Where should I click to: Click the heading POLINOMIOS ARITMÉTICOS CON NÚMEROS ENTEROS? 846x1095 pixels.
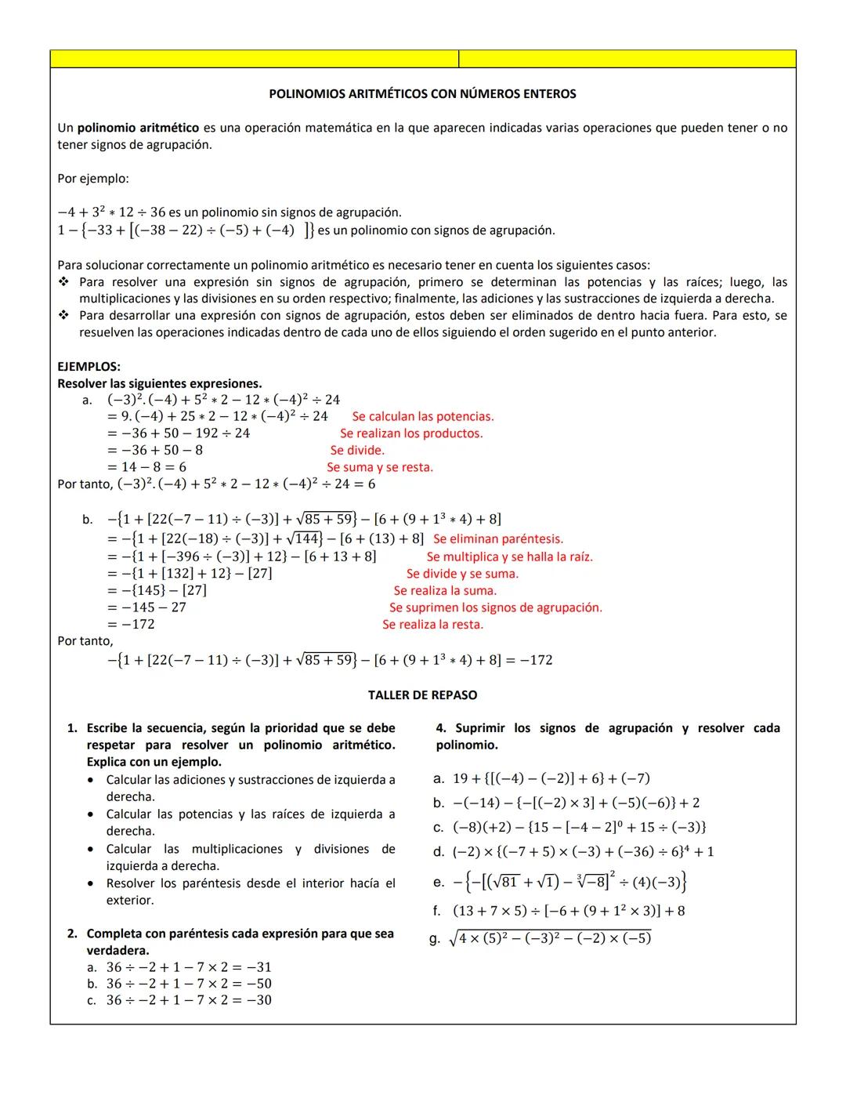(422, 94)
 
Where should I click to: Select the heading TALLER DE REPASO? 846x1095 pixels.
(422, 695)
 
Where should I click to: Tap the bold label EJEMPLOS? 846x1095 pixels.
(89, 367)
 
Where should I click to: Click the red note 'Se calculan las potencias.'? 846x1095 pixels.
(423, 417)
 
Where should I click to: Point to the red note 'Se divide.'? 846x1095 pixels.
(357, 451)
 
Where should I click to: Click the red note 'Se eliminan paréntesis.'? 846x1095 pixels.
(498, 539)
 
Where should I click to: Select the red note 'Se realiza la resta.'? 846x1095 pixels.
(432, 625)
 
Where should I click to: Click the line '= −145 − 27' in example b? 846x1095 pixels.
(147, 607)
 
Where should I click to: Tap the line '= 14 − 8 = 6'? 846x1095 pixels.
(147, 467)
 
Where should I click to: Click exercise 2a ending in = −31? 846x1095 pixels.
(189, 967)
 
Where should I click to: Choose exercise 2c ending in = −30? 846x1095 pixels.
(189, 1000)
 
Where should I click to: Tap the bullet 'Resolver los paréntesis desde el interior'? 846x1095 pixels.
(251, 883)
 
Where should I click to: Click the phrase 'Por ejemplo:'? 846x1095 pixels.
(93, 179)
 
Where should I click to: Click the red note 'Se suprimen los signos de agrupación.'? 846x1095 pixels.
(496, 608)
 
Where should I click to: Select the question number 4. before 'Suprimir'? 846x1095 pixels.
(441, 728)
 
